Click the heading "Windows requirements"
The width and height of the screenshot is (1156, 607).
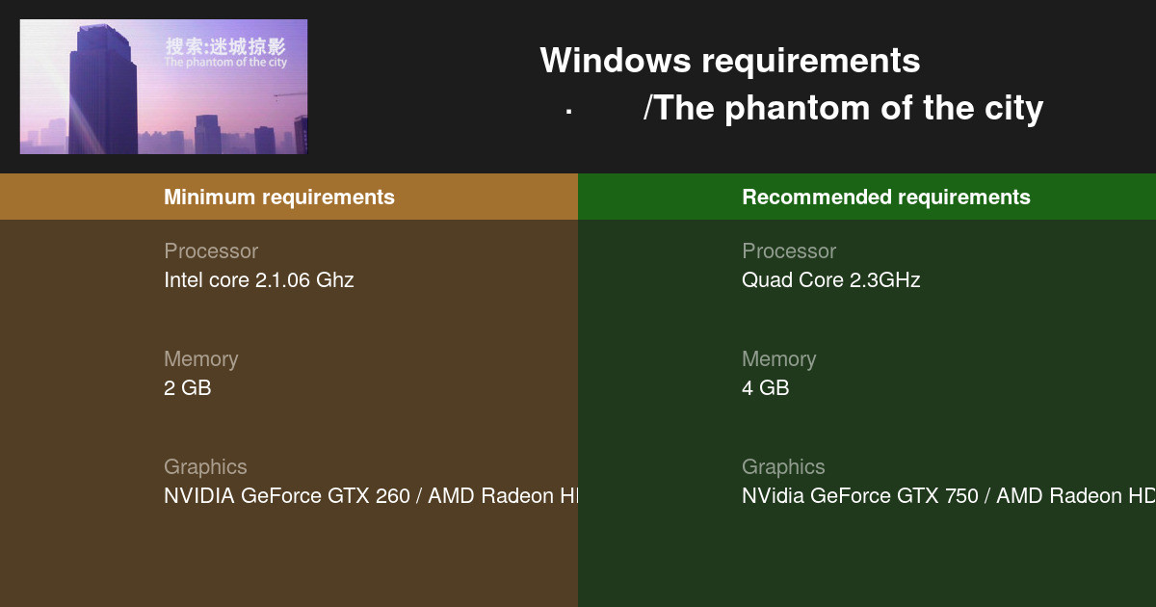(729, 61)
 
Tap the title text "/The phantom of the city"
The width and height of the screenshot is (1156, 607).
(843, 108)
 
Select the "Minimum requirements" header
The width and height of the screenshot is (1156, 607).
(278, 198)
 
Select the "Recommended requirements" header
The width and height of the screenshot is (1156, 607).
(885, 198)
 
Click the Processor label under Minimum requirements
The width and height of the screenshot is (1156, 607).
(211, 251)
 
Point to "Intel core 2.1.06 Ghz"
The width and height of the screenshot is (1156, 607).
(258, 280)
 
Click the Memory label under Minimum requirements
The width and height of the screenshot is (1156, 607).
(200, 359)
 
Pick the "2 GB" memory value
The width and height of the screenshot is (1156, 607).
(187, 388)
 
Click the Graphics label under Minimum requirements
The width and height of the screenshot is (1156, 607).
(205, 467)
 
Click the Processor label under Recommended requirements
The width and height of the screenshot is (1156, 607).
(789, 251)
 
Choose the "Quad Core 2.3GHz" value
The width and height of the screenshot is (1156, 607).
(830, 280)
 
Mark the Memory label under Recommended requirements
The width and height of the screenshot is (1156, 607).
(778, 359)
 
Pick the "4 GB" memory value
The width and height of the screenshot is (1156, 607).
(765, 388)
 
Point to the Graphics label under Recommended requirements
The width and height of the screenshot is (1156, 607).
(783, 467)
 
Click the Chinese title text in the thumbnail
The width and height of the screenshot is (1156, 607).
(225, 46)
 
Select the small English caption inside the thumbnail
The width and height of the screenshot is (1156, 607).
(225, 63)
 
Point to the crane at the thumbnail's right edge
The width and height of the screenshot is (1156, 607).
(291, 94)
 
